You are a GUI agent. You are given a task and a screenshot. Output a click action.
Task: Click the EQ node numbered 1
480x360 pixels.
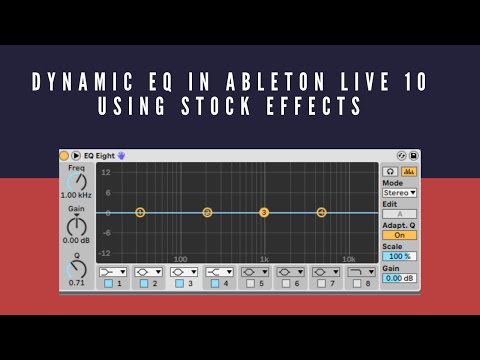click(x=140, y=212)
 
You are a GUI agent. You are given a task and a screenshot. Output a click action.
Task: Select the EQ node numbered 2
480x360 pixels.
click(x=207, y=212)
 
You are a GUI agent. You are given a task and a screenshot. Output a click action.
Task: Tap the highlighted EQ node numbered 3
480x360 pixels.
click(x=264, y=212)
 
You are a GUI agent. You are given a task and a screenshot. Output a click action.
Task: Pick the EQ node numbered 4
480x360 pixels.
click(x=321, y=212)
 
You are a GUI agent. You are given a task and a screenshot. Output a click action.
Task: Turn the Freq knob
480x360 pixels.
click(x=76, y=181)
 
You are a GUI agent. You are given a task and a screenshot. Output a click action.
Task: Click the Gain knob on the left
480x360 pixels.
click(x=76, y=226)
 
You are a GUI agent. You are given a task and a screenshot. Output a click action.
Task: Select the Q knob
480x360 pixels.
click(x=76, y=268)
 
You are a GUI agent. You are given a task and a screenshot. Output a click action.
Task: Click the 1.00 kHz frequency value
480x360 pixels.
click(x=76, y=195)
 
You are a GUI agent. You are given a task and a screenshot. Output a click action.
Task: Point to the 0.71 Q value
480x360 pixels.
click(x=76, y=283)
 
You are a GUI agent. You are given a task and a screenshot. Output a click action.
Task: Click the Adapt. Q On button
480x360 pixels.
click(x=400, y=235)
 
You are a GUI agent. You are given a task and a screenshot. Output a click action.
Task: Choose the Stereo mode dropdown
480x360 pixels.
click(x=400, y=192)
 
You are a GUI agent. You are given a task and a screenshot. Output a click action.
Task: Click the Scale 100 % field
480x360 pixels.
click(x=400, y=256)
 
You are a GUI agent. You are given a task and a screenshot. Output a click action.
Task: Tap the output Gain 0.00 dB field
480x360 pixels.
click(x=400, y=278)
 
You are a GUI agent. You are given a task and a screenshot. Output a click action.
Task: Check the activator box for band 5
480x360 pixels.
click(x=250, y=284)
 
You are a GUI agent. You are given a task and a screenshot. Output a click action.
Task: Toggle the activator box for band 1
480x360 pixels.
click(x=108, y=284)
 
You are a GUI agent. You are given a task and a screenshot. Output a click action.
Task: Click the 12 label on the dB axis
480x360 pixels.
click(x=105, y=172)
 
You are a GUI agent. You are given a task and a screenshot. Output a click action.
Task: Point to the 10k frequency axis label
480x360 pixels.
click(x=348, y=259)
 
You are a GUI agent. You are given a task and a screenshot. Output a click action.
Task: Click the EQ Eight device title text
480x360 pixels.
click(x=98, y=156)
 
